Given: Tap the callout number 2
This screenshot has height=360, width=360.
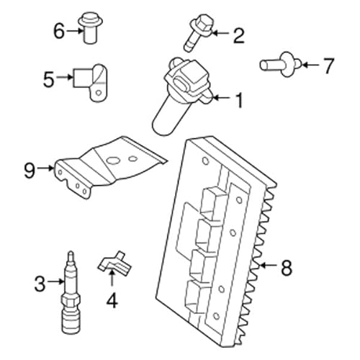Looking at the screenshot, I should pyautogui.click(x=238, y=33).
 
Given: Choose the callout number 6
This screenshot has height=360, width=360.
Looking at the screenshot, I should pyautogui.click(x=60, y=30).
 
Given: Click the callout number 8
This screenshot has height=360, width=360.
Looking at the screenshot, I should pyautogui.click(x=286, y=268).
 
